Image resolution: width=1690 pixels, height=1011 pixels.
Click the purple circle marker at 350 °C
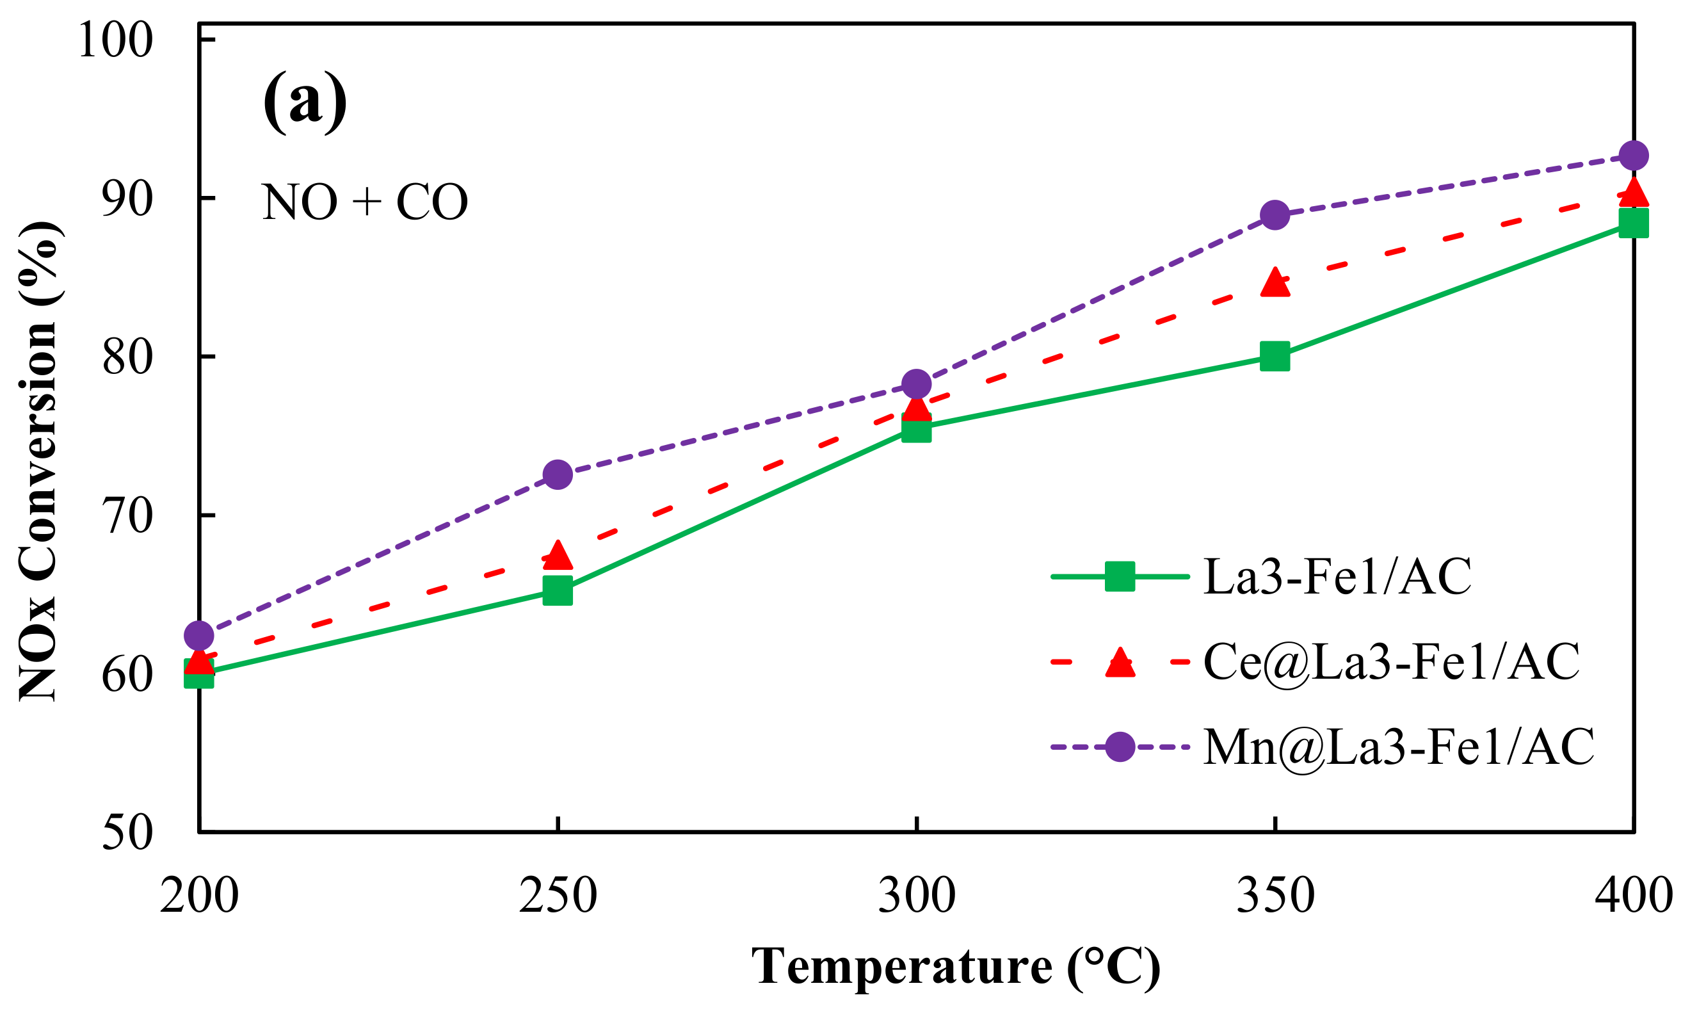(1275, 215)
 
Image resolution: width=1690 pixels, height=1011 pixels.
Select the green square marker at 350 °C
(1275, 356)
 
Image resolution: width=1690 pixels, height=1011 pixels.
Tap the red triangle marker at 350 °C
(1275, 283)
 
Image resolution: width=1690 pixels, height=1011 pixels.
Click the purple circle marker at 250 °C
(558, 474)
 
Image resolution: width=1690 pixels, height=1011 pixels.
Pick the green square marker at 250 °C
(558, 591)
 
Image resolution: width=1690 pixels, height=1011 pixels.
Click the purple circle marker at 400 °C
(1634, 156)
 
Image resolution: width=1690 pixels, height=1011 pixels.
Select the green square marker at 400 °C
(1634, 223)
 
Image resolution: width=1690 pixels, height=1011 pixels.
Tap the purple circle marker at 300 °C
(917, 384)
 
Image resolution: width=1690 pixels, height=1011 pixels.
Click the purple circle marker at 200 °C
(199, 636)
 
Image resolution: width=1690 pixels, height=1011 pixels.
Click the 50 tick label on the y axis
(126, 832)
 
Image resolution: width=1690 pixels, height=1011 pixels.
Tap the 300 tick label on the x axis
(917, 896)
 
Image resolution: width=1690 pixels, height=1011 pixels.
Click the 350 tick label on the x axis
(1275, 896)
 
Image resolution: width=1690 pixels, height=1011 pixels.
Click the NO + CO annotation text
(365, 203)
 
